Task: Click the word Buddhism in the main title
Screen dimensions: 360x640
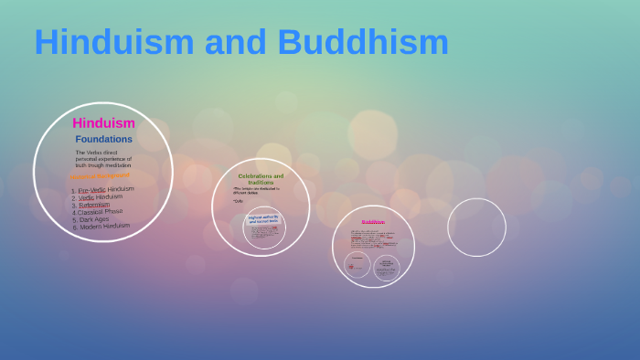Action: tap(363, 42)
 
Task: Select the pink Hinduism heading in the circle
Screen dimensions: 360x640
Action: tap(103, 122)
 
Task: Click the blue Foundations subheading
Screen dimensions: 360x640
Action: tap(103, 139)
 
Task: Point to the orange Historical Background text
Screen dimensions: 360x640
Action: tap(101, 175)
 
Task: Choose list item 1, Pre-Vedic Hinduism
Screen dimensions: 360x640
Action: tap(102, 189)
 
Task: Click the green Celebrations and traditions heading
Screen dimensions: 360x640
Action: tap(261, 178)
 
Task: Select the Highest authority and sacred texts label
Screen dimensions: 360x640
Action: tap(263, 218)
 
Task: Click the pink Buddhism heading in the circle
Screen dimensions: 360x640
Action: tap(373, 222)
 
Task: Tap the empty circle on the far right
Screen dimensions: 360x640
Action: tap(476, 228)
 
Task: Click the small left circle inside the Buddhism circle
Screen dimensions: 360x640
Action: tap(357, 266)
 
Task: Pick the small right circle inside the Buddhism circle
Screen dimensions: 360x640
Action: tap(387, 267)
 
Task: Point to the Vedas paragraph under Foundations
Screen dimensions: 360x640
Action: tap(103, 159)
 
